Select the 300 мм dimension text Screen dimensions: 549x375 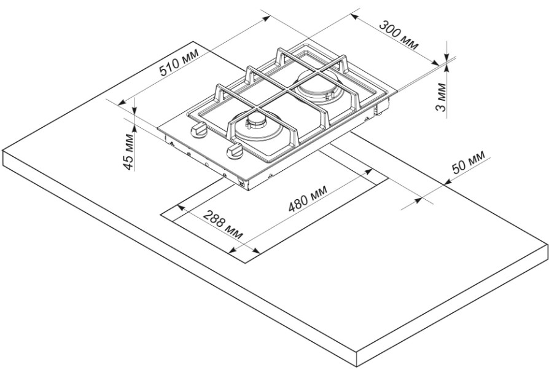coord(400,36)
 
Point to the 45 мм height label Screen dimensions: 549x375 coord(129,152)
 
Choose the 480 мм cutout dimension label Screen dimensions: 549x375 coord(308,199)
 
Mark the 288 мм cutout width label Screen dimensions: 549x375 coord(223,224)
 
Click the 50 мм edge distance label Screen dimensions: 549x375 coord(469,162)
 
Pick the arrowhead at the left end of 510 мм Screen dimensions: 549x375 coord(121,103)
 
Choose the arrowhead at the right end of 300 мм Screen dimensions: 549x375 coord(435,63)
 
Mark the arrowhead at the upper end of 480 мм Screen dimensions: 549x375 coord(369,171)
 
